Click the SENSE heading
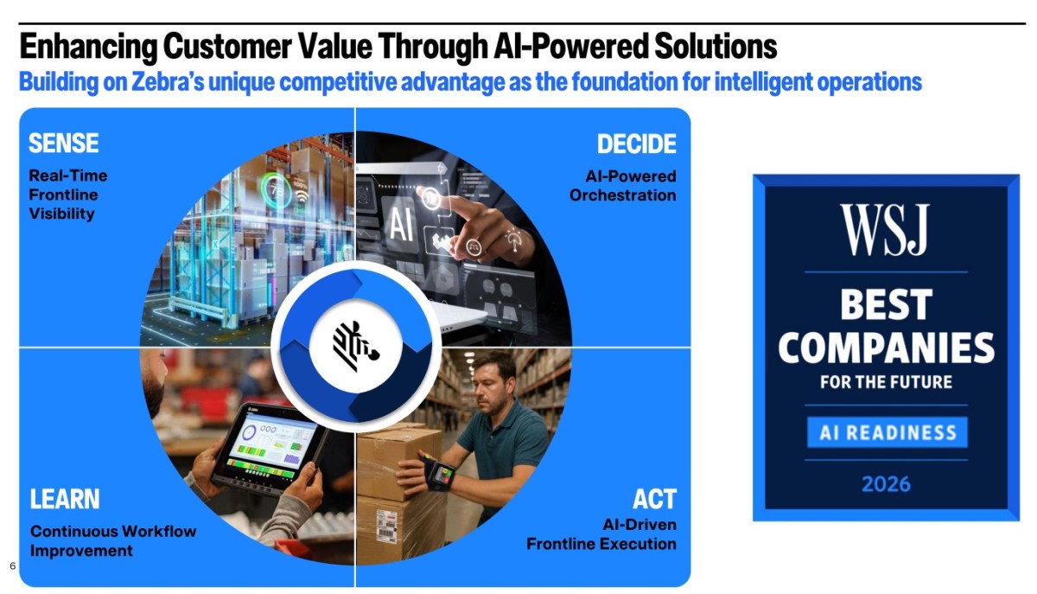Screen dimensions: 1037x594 coord(63,143)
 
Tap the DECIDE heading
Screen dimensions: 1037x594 coord(637,144)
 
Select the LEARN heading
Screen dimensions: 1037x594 coord(65,499)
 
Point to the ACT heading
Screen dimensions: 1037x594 coord(655,499)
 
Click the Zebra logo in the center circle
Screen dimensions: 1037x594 coord(355,347)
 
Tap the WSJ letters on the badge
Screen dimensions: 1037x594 coord(885,229)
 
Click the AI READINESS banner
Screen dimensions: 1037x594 coord(887,432)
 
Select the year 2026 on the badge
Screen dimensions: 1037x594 coord(886,484)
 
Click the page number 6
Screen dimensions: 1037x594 coord(12,565)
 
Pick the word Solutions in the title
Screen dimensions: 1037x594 coord(716,47)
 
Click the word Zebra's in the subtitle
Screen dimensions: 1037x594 coord(168,81)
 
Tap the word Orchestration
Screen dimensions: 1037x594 coord(623,195)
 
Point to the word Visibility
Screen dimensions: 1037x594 coord(61,214)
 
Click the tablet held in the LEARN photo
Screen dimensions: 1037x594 coord(268,448)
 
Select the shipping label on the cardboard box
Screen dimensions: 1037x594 coord(386,526)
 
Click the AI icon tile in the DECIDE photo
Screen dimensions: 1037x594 coord(401,224)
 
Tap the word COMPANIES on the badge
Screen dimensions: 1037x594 coord(886,348)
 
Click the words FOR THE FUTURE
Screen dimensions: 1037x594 coord(886,382)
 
